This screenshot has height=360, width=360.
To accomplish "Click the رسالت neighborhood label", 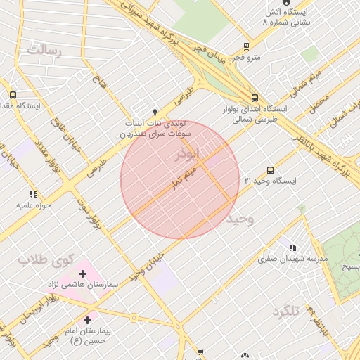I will point(45,51).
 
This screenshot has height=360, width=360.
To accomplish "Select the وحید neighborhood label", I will point(239,219).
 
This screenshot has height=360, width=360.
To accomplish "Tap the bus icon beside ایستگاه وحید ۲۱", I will point(271,170).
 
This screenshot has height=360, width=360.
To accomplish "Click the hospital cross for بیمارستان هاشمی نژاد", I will point(83,273).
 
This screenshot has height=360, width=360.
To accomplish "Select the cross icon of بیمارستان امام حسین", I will point(86,320).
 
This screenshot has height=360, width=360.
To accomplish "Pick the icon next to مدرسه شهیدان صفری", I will point(292,247).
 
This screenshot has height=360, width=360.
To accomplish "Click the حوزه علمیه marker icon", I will point(32,194).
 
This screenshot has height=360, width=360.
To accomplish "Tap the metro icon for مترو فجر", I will point(245,46).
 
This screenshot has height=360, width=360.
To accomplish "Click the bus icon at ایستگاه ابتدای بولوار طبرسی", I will point(254,98).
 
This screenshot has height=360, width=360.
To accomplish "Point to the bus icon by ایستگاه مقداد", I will point(13,95).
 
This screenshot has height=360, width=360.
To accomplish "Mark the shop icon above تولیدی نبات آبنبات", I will point(155,111).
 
